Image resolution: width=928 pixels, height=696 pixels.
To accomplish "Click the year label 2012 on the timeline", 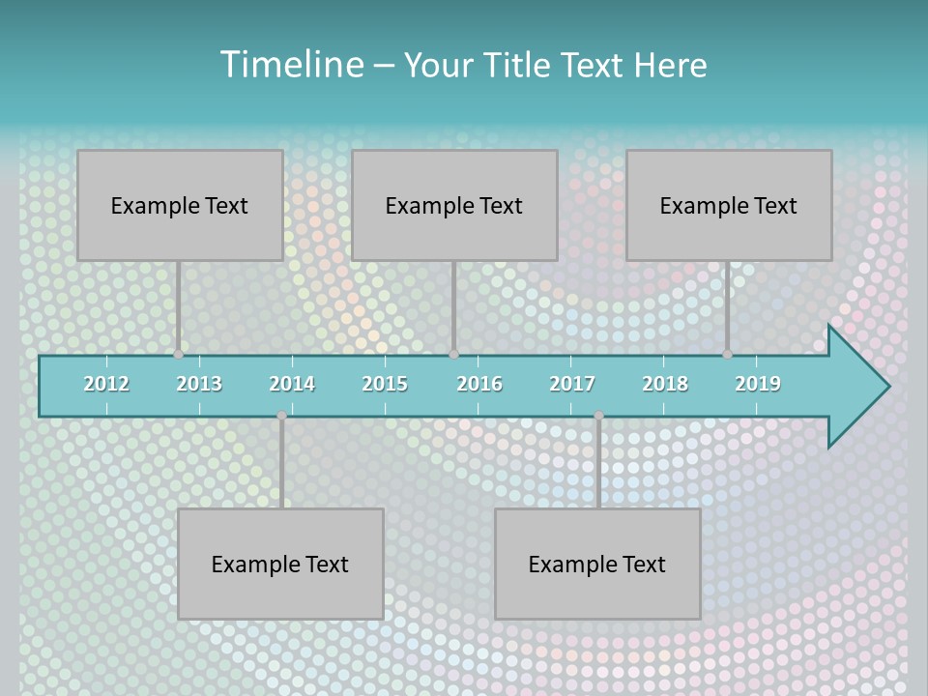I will pyautogui.click(x=106, y=384).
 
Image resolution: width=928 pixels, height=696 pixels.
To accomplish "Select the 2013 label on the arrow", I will pyautogui.click(x=199, y=384).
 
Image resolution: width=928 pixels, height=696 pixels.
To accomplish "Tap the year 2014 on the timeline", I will pyautogui.click(x=292, y=384).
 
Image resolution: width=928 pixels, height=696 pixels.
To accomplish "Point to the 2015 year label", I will pyautogui.click(x=385, y=384).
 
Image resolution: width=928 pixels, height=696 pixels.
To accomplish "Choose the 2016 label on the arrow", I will pyautogui.click(x=479, y=384).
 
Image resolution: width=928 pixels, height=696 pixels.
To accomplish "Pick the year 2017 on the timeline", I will pyautogui.click(x=572, y=384).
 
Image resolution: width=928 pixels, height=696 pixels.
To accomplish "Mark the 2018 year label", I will pyautogui.click(x=665, y=384).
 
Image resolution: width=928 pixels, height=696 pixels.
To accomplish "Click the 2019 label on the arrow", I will pyautogui.click(x=758, y=384).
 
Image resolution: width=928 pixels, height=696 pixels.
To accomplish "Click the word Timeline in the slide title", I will pyautogui.click(x=290, y=65).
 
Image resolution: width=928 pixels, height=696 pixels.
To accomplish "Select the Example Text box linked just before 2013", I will pyautogui.click(x=180, y=205).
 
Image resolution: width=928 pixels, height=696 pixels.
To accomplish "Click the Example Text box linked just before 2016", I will pyautogui.click(x=454, y=205).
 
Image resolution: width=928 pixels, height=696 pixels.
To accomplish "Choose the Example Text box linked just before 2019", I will pyautogui.click(x=729, y=205).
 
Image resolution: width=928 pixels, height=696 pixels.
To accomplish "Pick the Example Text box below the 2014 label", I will pyautogui.click(x=280, y=564).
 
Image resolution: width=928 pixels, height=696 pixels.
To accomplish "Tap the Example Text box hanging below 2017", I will pyautogui.click(x=597, y=564).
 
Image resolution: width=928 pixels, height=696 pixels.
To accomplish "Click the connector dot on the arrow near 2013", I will pyautogui.click(x=178, y=355).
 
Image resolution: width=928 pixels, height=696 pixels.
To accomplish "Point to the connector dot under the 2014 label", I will pyautogui.click(x=281, y=416).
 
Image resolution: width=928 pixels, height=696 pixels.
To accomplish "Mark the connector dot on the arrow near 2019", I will pyautogui.click(x=728, y=355).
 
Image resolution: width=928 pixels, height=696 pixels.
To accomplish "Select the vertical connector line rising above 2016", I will pyautogui.click(x=453, y=307).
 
